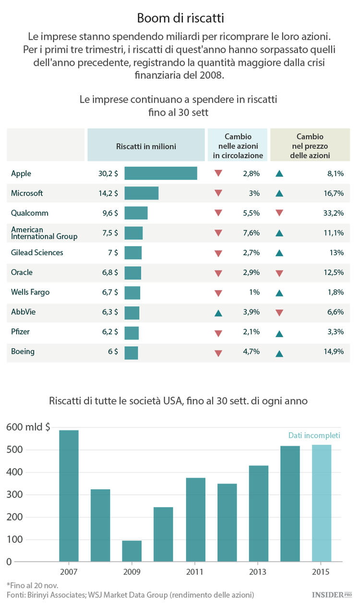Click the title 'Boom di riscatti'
pyautogui.click(x=180, y=18)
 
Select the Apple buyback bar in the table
pyautogui.click(x=161, y=173)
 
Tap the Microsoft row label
pyautogui.click(x=27, y=193)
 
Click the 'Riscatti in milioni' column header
pyautogui.click(x=146, y=147)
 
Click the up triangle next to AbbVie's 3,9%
pyautogui.click(x=218, y=313)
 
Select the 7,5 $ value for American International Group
pyautogui.click(x=110, y=233)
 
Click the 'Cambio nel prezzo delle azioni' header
pyautogui.click(x=310, y=146)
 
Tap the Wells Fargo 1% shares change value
pyautogui.click(x=254, y=292)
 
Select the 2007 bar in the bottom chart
pyautogui.click(x=69, y=496)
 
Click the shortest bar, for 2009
pyautogui.click(x=132, y=551)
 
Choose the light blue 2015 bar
pyautogui.click(x=322, y=503)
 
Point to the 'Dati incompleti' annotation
pyautogui.click(x=314, y=436)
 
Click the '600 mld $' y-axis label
pyautogui.click(x=28, y=427)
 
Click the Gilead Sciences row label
pyautogui.click(x=37, y=253)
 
